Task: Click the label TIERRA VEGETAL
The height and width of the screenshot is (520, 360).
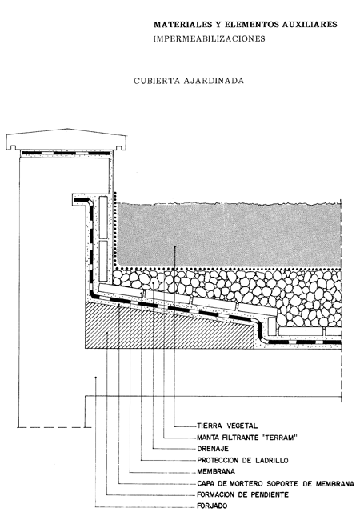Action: tap(227, 426)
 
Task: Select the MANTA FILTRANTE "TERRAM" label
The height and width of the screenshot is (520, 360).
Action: tap(247, 438)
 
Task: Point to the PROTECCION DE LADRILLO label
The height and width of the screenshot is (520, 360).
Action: tap(242, 460)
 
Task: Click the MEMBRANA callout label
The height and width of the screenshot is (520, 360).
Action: tap(216, 471)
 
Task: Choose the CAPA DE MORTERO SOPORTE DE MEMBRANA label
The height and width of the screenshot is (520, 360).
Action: tap(275, 484)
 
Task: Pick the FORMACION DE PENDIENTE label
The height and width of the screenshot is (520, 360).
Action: tap(242, 494)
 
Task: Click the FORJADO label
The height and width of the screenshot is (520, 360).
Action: tap(212, 506)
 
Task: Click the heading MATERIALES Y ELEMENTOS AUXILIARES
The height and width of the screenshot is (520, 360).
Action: tap(246, 24)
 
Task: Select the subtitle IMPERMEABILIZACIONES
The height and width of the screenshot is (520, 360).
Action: tap(209, 39)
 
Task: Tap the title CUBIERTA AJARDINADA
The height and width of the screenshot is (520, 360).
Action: tap(189, 81)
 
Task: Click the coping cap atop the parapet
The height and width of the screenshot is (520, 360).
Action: tap(66, 139)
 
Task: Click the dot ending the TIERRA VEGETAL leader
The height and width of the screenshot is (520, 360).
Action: tap(174, 246)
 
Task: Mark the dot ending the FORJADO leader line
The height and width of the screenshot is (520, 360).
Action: tap(95, 378)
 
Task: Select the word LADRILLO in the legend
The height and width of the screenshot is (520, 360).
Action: tap(272, 460)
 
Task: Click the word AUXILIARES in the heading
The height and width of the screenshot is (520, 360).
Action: tap(310, 24)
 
